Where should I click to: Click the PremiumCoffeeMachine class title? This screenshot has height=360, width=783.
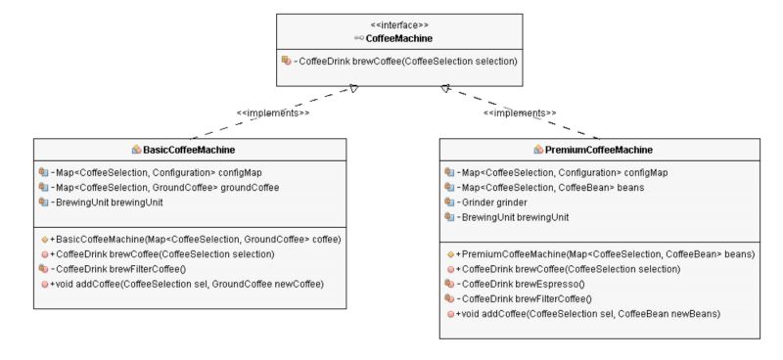click(600, 150)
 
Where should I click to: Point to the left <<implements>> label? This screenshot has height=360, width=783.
click(273, 113)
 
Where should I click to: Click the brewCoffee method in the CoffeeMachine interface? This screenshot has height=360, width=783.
click(405, 61)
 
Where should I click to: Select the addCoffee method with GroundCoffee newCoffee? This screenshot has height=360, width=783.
click(187, 284)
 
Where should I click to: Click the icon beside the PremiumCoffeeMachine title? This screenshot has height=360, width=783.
click(538, 150)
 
